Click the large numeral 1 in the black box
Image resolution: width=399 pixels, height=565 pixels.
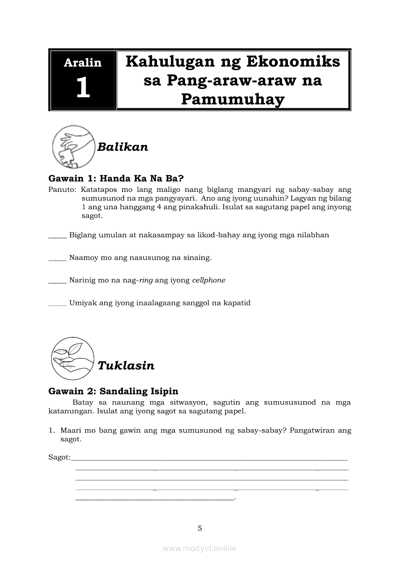(83, 88)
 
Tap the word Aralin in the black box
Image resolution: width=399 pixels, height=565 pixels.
(83, 62)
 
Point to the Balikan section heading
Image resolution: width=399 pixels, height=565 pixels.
(123, 147)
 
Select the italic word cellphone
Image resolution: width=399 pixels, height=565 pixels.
(209, 280)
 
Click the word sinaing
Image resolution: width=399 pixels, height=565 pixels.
(197, 258)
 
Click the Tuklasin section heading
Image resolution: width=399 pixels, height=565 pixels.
(126, 365)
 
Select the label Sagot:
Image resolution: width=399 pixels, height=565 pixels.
(59, 457)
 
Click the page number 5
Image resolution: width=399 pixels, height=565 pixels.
(199, 528)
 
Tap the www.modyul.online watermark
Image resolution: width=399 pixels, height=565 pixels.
(199, 548)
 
